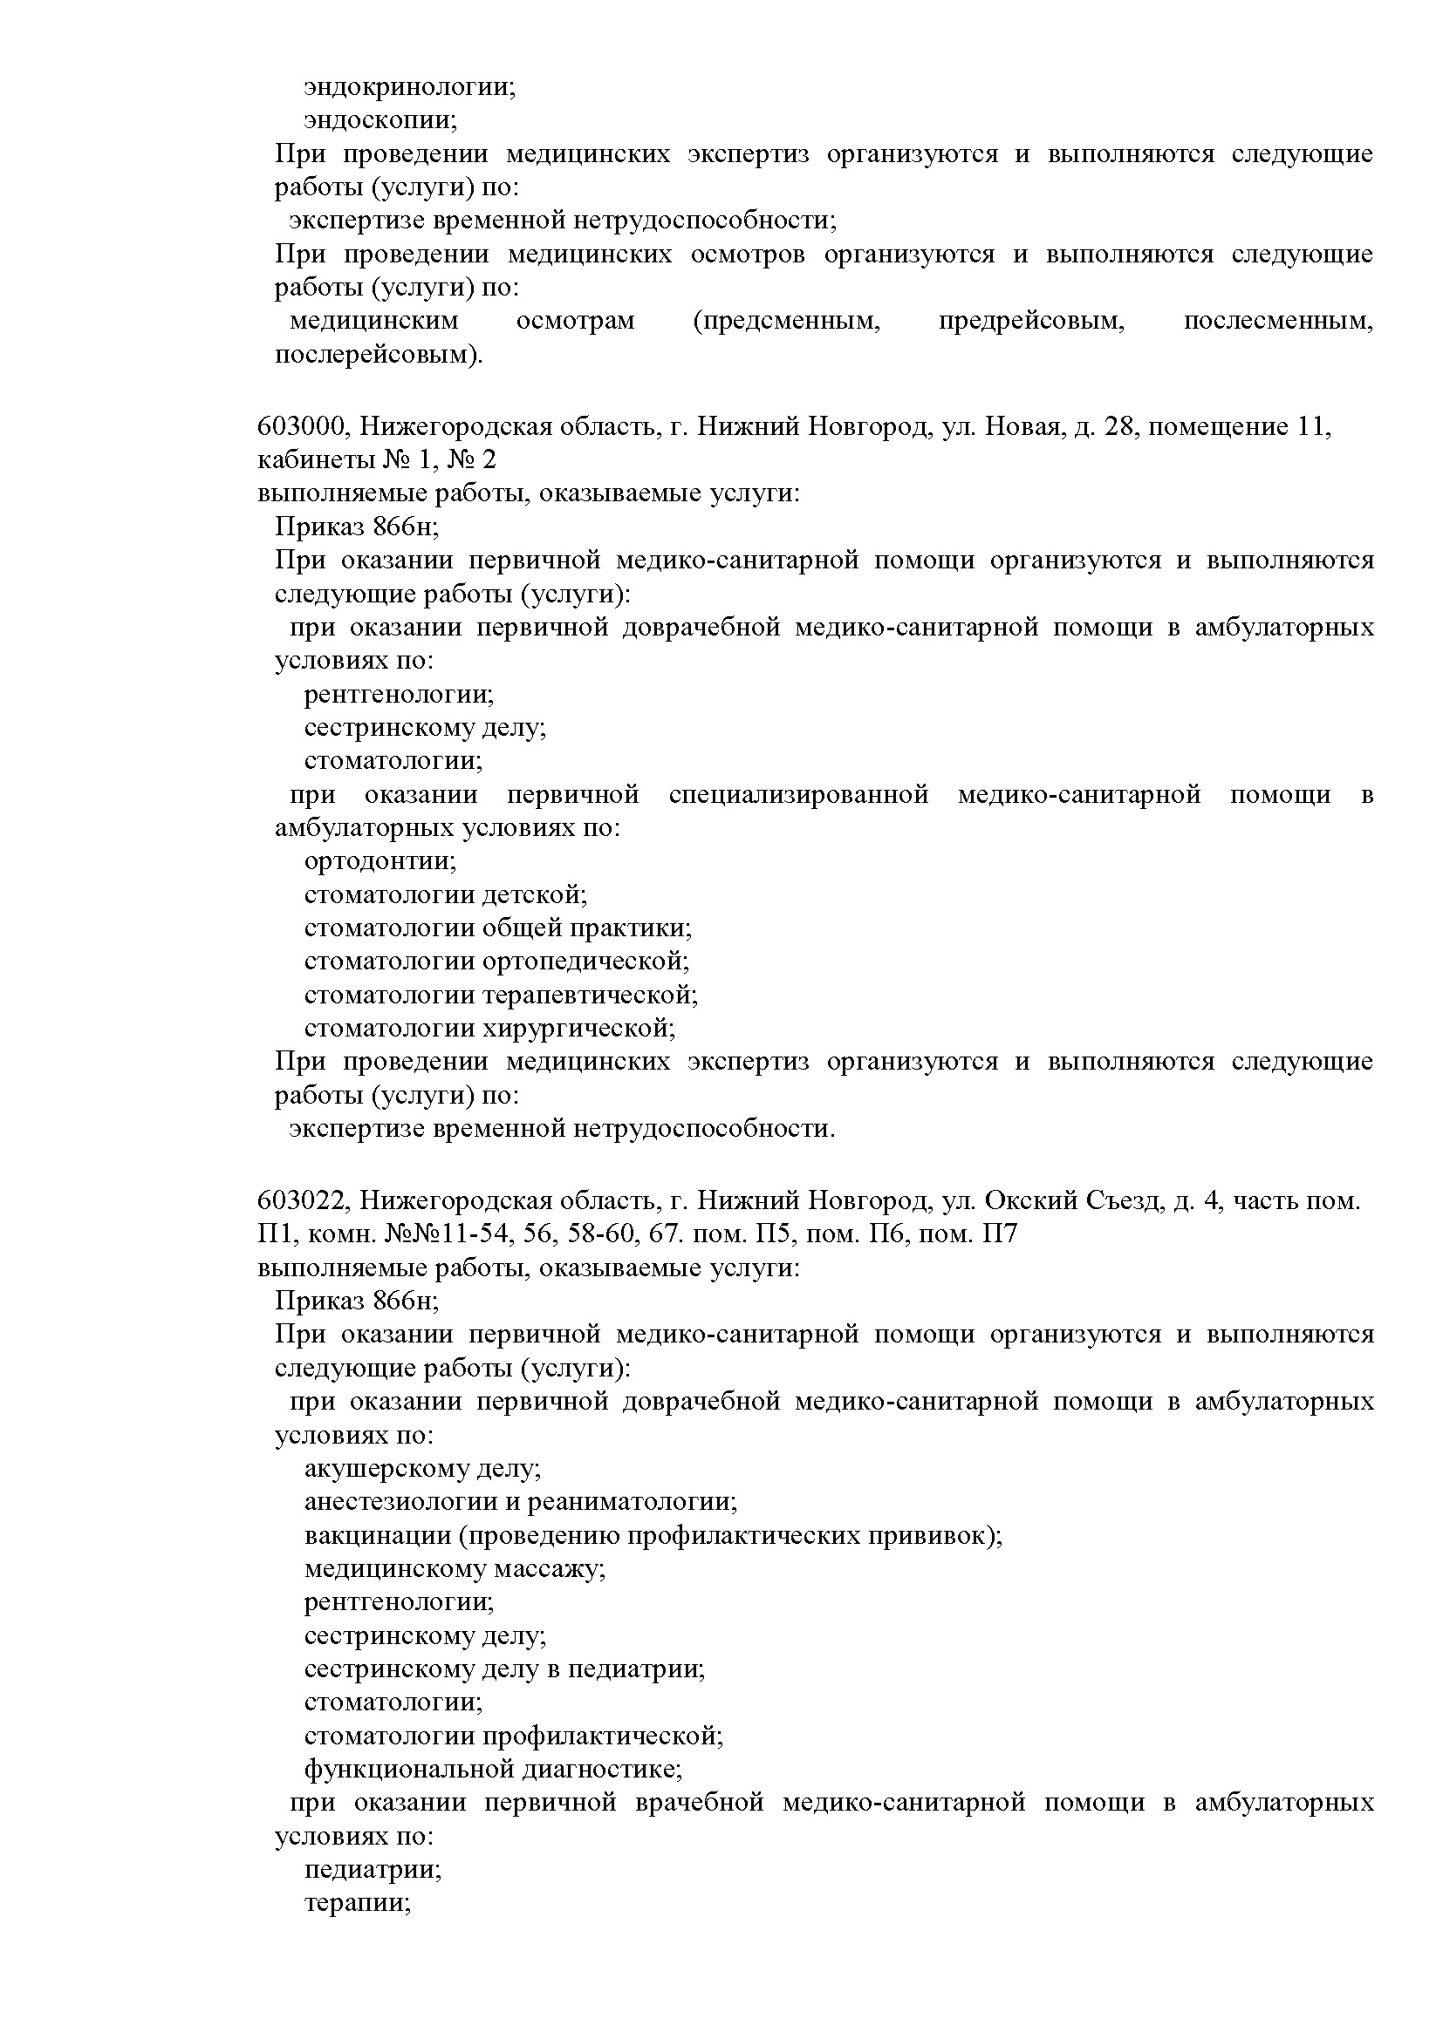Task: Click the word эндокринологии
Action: tap(408, 87)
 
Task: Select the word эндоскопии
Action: tap(380, 120)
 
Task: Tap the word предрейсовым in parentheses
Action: tap(1031, 321)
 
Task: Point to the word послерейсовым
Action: tap(377, 354)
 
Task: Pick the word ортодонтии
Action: tap(380, 860)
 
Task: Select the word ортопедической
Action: tap(585, 961)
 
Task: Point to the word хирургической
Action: tap(578, 1028)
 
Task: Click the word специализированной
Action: tap(799, 794)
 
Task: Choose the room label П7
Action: tap(1000, 1234)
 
